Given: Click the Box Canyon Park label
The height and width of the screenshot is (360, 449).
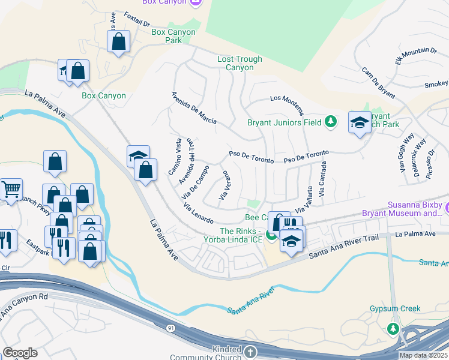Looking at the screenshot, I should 173,36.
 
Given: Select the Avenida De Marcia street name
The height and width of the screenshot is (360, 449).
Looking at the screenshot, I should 194,108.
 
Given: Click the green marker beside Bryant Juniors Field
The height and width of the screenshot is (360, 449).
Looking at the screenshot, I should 330,122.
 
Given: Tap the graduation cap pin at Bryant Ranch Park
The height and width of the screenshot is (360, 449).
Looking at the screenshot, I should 360,123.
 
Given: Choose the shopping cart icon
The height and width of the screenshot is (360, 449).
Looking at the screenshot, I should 10,190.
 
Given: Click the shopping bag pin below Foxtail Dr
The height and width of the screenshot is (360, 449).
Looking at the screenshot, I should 119,42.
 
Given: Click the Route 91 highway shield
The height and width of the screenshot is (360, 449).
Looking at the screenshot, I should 171,328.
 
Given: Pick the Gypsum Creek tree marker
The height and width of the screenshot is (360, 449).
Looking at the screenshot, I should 393,328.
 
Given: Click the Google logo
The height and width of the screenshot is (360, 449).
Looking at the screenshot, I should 20,353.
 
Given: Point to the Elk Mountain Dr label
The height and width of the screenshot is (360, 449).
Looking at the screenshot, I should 415,55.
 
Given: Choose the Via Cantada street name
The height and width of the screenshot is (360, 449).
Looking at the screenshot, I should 324,179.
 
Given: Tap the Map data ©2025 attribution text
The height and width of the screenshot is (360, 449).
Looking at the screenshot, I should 423,355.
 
